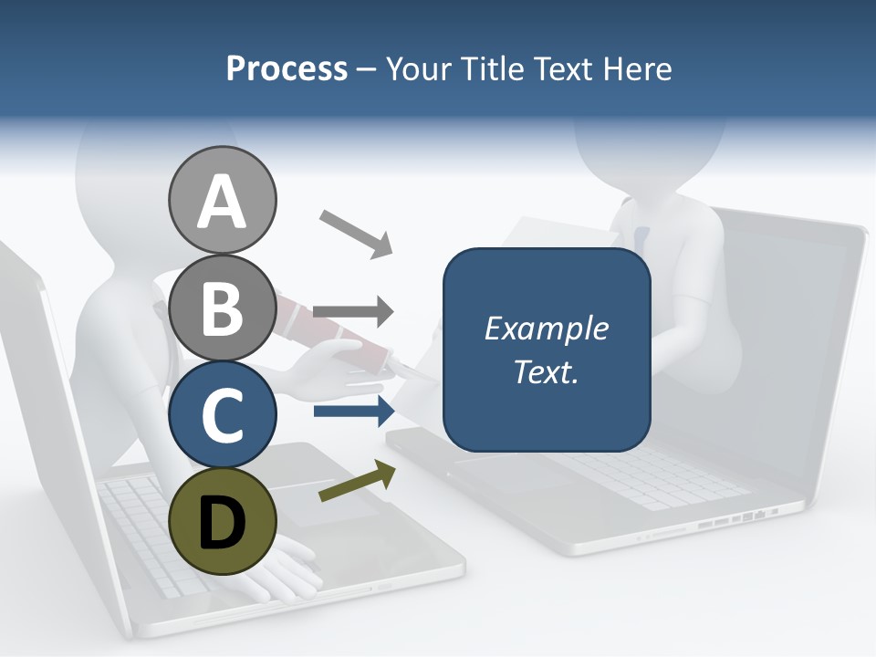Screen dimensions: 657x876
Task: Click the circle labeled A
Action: [x=223, y=201]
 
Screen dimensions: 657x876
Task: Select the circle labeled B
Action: [x=223, y=308]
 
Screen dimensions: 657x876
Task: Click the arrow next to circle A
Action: [x=355, y=233]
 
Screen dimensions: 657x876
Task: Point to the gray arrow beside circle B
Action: [x=353, y=311]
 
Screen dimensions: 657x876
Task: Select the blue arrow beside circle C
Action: [x=353, y=412]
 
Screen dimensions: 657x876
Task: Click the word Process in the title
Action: [x=287, y=68]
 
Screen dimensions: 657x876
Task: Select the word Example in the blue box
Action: [x=546, y=328]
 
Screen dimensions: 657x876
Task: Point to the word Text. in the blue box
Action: [x=546, y=371]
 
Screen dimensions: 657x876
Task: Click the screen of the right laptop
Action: [x=794, y=319]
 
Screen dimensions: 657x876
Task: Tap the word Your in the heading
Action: [x=421, y=68]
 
